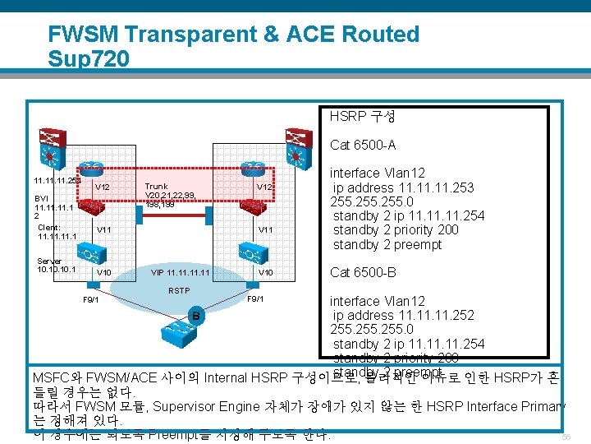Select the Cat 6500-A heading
point(362,146)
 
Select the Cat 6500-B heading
point(362,272)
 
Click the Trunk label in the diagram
point(156,187)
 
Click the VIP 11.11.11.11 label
point(181,272)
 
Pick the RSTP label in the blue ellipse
point(179,290)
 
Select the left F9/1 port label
point(90,299)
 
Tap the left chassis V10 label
point(104,272)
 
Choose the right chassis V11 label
point(266,229)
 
